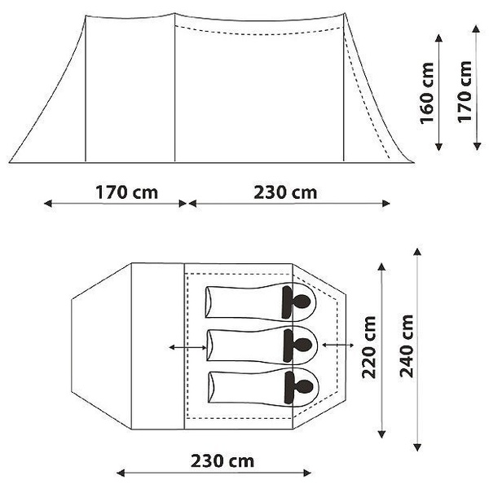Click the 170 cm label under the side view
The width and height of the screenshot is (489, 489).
tap(126, 193)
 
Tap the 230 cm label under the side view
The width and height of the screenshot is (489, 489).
tap(285, 193)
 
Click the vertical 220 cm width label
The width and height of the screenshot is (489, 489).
tap(368, 349)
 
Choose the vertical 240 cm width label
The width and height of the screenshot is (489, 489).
tap(406, 349)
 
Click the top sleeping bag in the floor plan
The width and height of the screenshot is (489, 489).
tap(244, 302)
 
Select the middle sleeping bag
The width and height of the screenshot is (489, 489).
tap(244, 345)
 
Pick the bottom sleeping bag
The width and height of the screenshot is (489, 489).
tap(244, 386)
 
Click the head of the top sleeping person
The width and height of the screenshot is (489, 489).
tap(299, 302)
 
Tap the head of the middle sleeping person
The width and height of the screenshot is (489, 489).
tap(299, 345)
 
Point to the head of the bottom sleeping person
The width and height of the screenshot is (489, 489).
tap(299, 386)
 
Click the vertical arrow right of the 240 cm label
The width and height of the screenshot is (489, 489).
tap(418, 349)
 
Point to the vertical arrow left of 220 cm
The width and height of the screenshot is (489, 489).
tap(381, 349)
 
